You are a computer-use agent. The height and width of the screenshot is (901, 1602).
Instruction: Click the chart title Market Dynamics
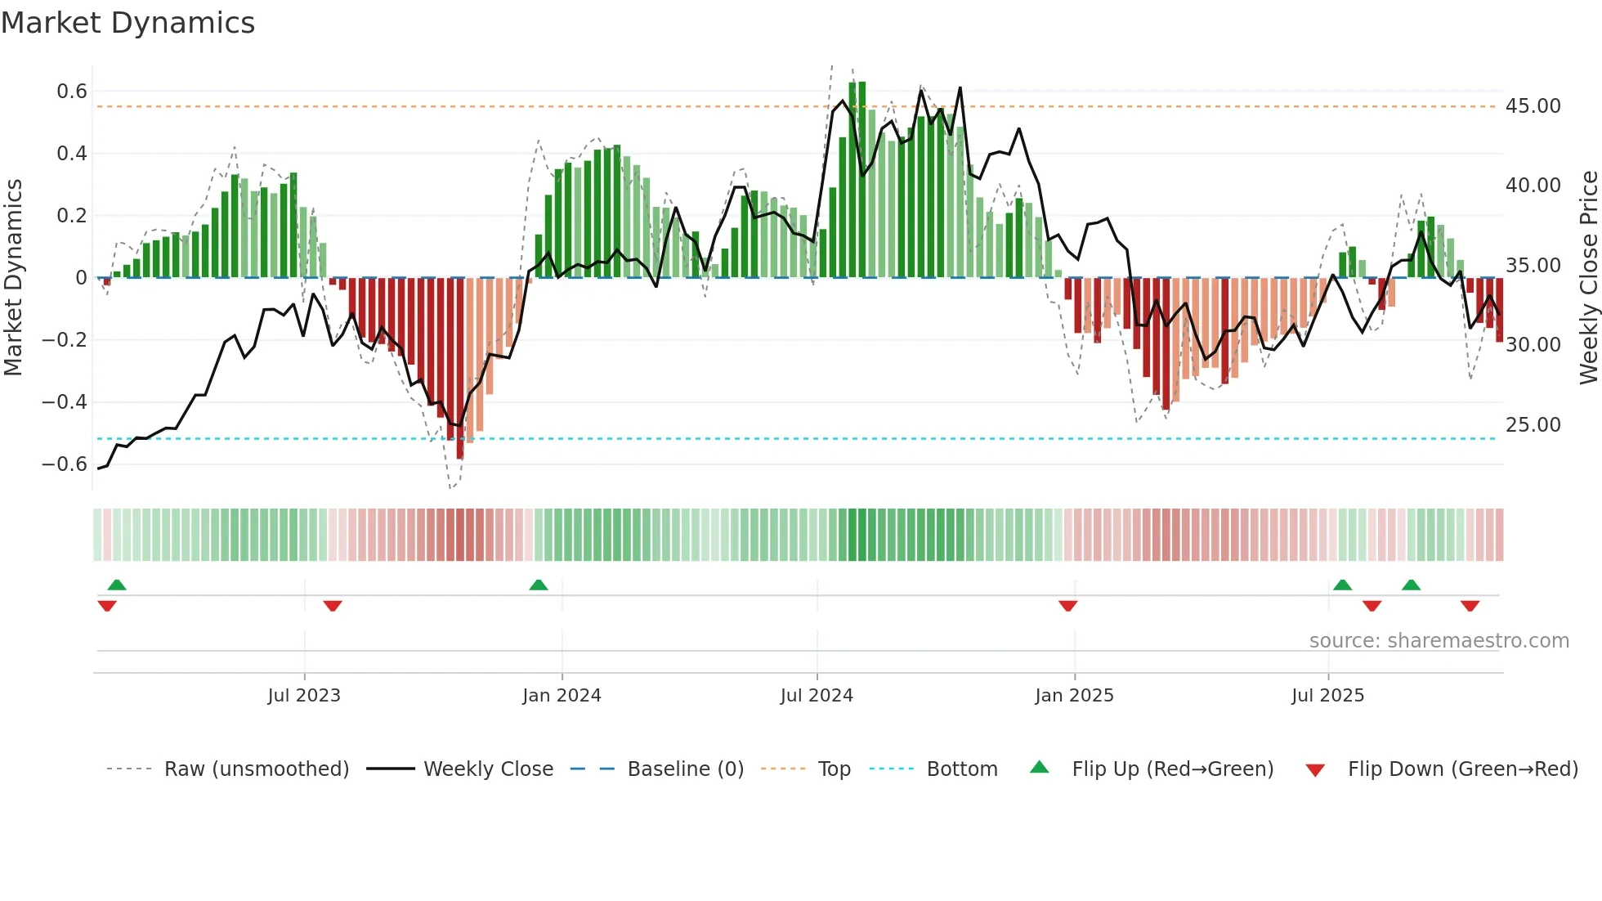click(128, 23)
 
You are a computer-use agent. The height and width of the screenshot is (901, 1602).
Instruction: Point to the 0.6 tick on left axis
click(71, 92)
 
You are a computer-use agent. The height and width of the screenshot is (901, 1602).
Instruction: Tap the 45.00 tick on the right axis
click(1533, 106)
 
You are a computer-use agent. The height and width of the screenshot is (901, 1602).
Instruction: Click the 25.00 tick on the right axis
click(1533, 425)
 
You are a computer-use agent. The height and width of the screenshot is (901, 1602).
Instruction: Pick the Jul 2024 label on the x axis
click(817, 696)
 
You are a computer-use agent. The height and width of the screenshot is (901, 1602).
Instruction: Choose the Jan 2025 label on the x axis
click(1074, 696)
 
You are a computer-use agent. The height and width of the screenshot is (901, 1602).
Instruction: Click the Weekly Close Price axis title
click(1588, 278)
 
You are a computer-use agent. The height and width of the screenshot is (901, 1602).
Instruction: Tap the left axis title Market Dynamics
click(13, 278)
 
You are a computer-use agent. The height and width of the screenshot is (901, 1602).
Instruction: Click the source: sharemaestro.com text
click(1439, 641)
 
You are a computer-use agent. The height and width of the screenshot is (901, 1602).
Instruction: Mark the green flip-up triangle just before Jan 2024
click(538, 585)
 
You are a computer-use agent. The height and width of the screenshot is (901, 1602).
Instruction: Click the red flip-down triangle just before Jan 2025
click(1067, 606)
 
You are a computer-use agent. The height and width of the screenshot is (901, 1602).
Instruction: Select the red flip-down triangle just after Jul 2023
click(332, 606)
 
